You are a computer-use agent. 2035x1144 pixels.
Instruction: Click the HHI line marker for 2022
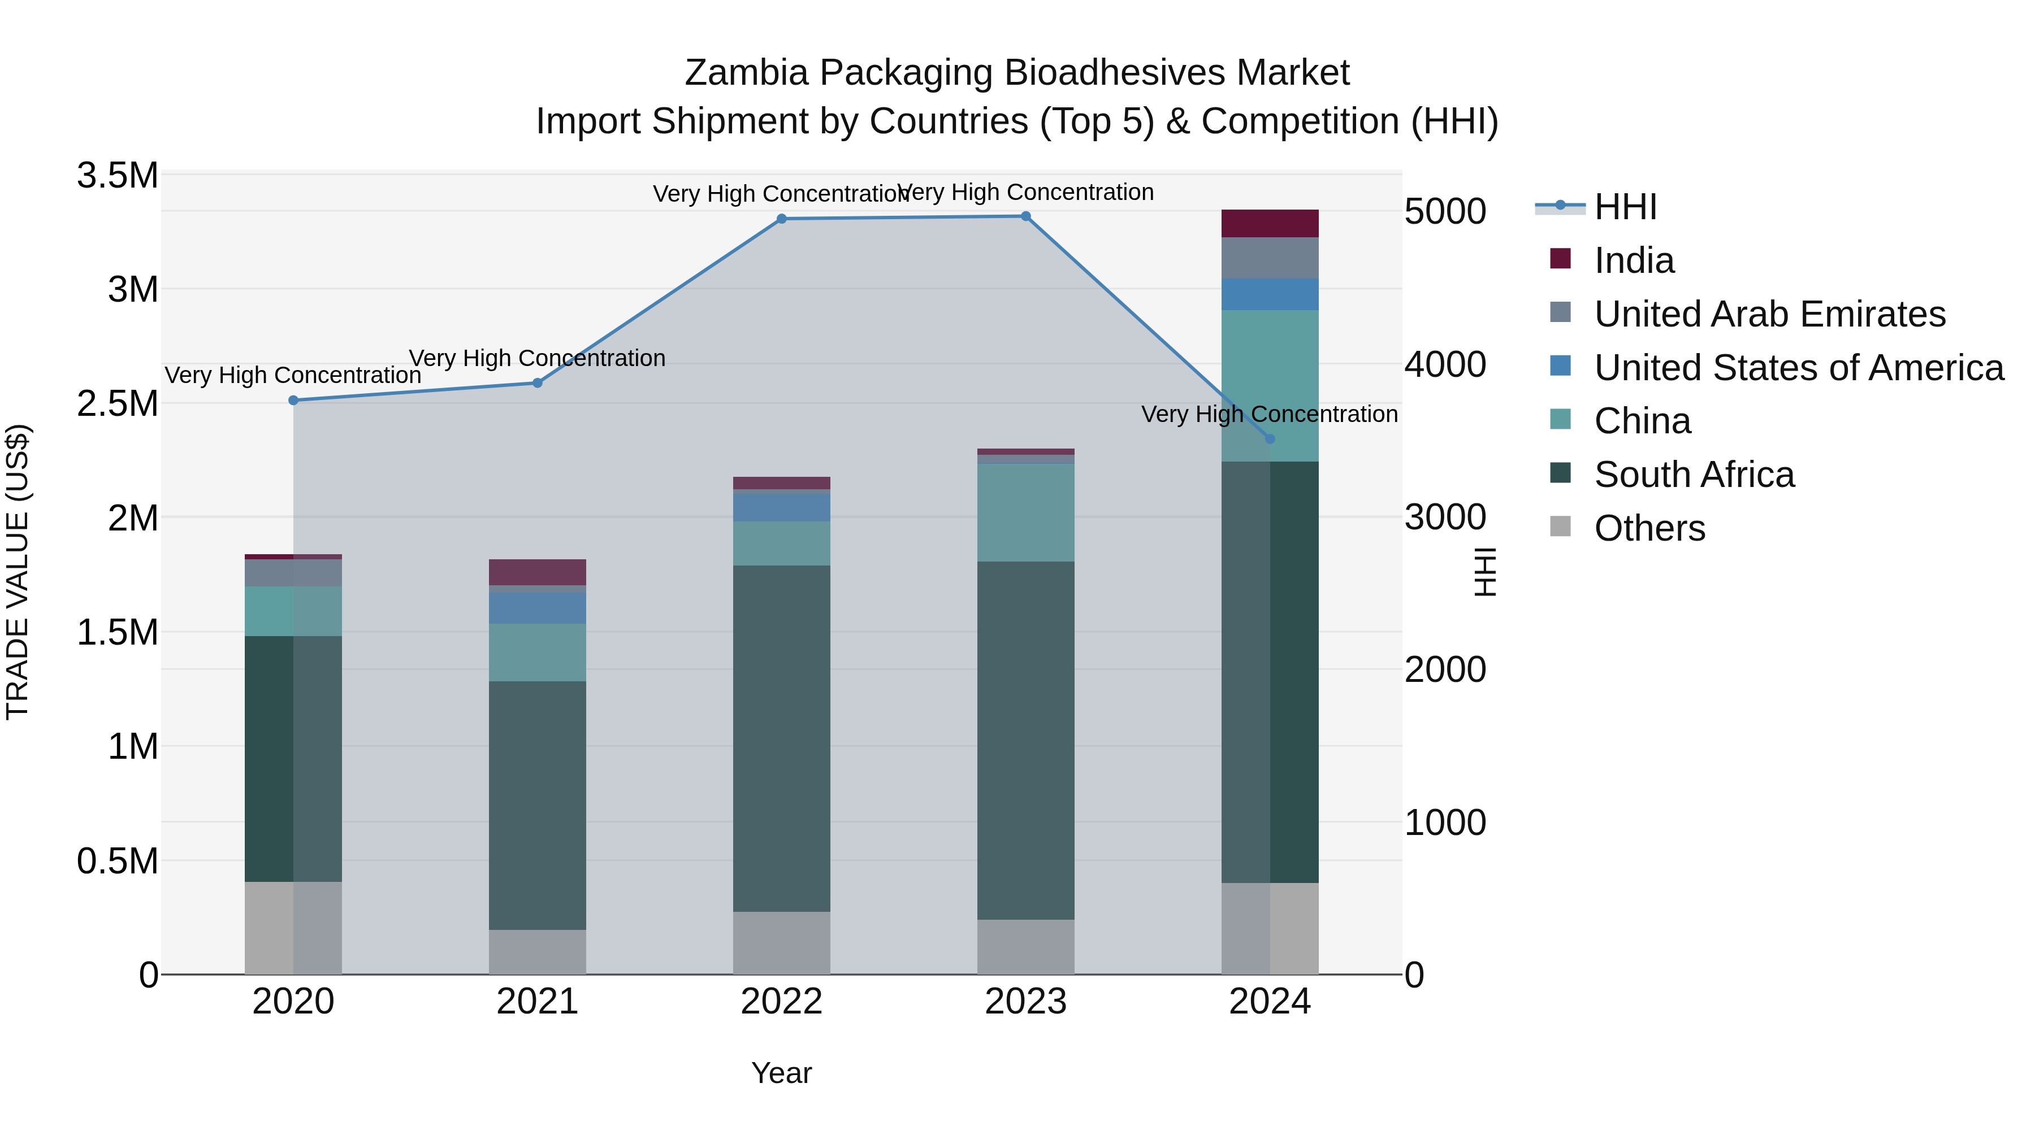point(781,219)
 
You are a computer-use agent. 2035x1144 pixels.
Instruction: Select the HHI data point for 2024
point(1270,439)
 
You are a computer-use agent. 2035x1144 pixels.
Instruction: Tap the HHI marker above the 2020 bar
point(293,401)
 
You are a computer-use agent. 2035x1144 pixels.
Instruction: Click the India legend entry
point(1633,260)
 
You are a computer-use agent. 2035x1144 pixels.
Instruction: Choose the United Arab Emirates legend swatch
point(1560,312)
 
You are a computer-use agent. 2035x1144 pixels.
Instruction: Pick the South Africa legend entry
point(1694,475)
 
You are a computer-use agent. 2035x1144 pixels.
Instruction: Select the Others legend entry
point(1649,528)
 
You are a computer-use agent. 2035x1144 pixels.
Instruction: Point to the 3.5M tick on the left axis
point(117,175)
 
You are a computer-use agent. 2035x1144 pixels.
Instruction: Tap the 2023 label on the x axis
point(1025,1002)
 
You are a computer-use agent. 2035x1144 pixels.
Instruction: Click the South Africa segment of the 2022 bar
point(781,738)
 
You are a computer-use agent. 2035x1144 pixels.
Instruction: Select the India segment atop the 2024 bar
point(1270,223)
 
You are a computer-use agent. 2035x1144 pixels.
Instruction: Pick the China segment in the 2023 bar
point(1025,512)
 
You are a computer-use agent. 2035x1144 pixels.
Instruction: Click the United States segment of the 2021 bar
point(537,608)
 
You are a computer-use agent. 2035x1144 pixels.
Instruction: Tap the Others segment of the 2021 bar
point(537,951)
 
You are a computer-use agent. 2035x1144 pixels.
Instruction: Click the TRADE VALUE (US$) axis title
point(18,572)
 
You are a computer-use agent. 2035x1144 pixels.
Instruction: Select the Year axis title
point(781,1073)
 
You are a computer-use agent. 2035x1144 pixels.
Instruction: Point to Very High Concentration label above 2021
point(537,358)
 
